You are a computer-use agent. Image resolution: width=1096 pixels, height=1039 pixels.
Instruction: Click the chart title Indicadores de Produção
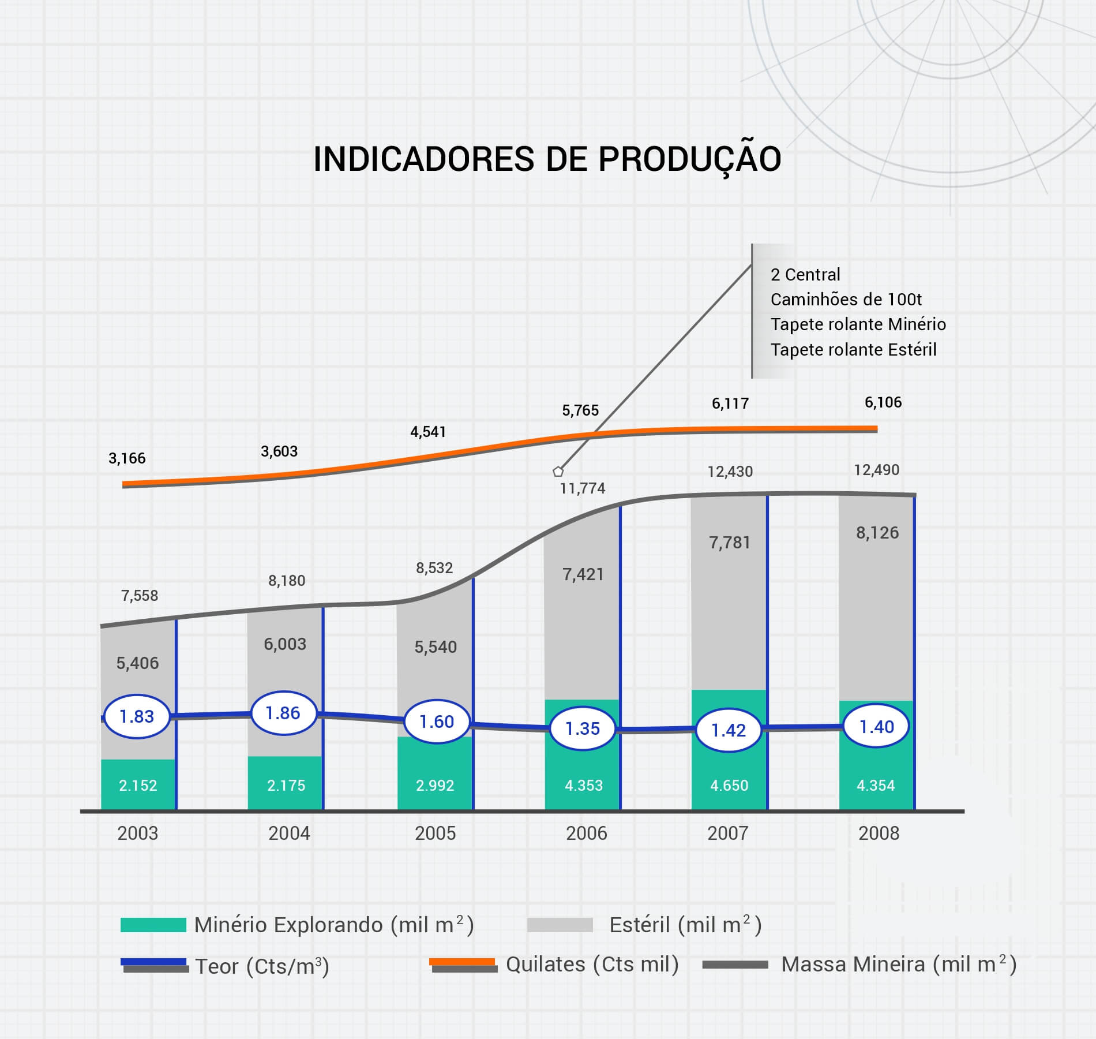pos(547,159)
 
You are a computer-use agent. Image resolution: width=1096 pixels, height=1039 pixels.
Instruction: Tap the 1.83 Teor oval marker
pos(137,716)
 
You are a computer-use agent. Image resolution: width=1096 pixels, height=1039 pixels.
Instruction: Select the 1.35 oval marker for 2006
pos(583,728)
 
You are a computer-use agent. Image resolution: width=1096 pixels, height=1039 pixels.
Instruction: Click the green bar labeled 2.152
pos(138,784)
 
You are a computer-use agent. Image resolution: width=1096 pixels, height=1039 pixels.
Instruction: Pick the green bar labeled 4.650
pos(729,784)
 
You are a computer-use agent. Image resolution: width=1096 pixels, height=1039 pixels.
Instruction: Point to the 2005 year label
pos(435,833)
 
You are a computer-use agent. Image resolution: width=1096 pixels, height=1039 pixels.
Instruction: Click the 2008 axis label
pos(879,833)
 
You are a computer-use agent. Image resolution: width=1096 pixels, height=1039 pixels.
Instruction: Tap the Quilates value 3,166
pos(127,458)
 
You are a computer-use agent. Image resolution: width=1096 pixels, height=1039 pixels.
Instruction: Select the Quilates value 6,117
pos(730,403)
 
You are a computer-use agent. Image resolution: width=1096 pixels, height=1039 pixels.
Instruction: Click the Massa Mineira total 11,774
pos(583,488)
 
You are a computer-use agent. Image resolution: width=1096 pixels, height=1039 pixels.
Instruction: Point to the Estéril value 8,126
pos(877,532)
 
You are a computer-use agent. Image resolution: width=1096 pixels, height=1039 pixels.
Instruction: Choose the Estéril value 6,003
pos(285,644)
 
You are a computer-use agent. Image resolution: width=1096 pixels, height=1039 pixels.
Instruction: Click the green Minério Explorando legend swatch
pos(153,925)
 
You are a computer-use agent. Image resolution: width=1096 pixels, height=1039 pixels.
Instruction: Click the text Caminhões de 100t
pos(846,300)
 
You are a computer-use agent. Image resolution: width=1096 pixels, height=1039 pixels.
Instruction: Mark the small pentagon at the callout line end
pos(558,472)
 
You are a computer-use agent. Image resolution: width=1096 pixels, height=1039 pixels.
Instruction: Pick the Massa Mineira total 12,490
pos(876,470)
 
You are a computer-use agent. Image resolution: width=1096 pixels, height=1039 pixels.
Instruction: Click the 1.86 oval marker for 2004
pos(283,713)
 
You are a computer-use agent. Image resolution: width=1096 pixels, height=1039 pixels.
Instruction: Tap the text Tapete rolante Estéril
pos(853,349)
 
